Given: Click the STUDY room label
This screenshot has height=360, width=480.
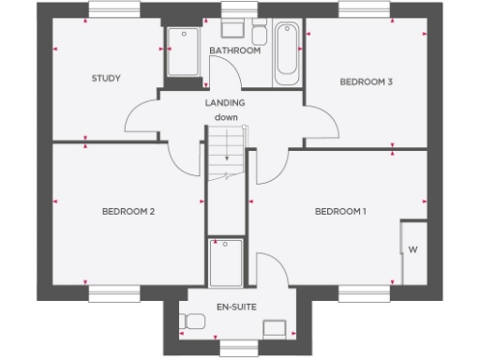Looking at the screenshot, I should (x=106, y=79).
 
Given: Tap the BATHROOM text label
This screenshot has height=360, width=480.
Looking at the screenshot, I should (x=234, y=51).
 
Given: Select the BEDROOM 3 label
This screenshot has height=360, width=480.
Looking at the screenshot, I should (x=366, y=82).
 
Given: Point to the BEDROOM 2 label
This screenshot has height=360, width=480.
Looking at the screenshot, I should (x=127, y=211).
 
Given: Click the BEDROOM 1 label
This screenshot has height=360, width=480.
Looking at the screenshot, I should (x=340, y=211).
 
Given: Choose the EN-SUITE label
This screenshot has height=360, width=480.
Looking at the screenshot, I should (x=237, y=307).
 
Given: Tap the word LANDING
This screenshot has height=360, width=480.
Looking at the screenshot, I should (x=226, y=103).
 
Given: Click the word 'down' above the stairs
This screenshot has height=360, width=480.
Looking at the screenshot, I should (x=226, y=117).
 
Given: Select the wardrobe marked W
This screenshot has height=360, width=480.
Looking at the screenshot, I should (x=412, y=249).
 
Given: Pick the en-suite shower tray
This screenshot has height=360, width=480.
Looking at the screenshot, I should (x=226, y=263).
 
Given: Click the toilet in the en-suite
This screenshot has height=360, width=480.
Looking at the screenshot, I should (x=194, y=322).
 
